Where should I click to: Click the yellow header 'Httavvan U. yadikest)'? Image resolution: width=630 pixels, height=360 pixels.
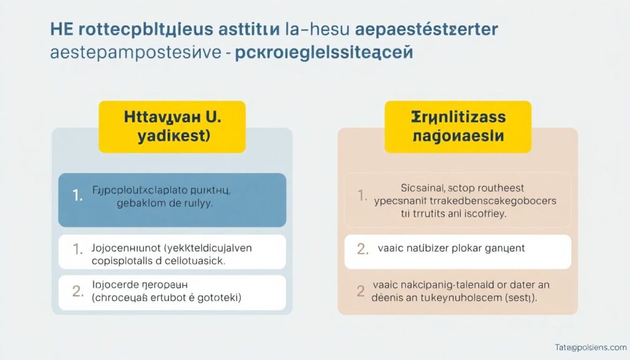pos(172,127)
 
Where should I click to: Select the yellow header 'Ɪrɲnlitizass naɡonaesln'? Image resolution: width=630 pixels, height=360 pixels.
pos(458,127)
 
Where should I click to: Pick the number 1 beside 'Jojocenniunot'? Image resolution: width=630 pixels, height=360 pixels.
pos(78,249)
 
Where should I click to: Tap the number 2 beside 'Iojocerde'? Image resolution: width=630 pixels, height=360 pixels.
pos(78,292)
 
